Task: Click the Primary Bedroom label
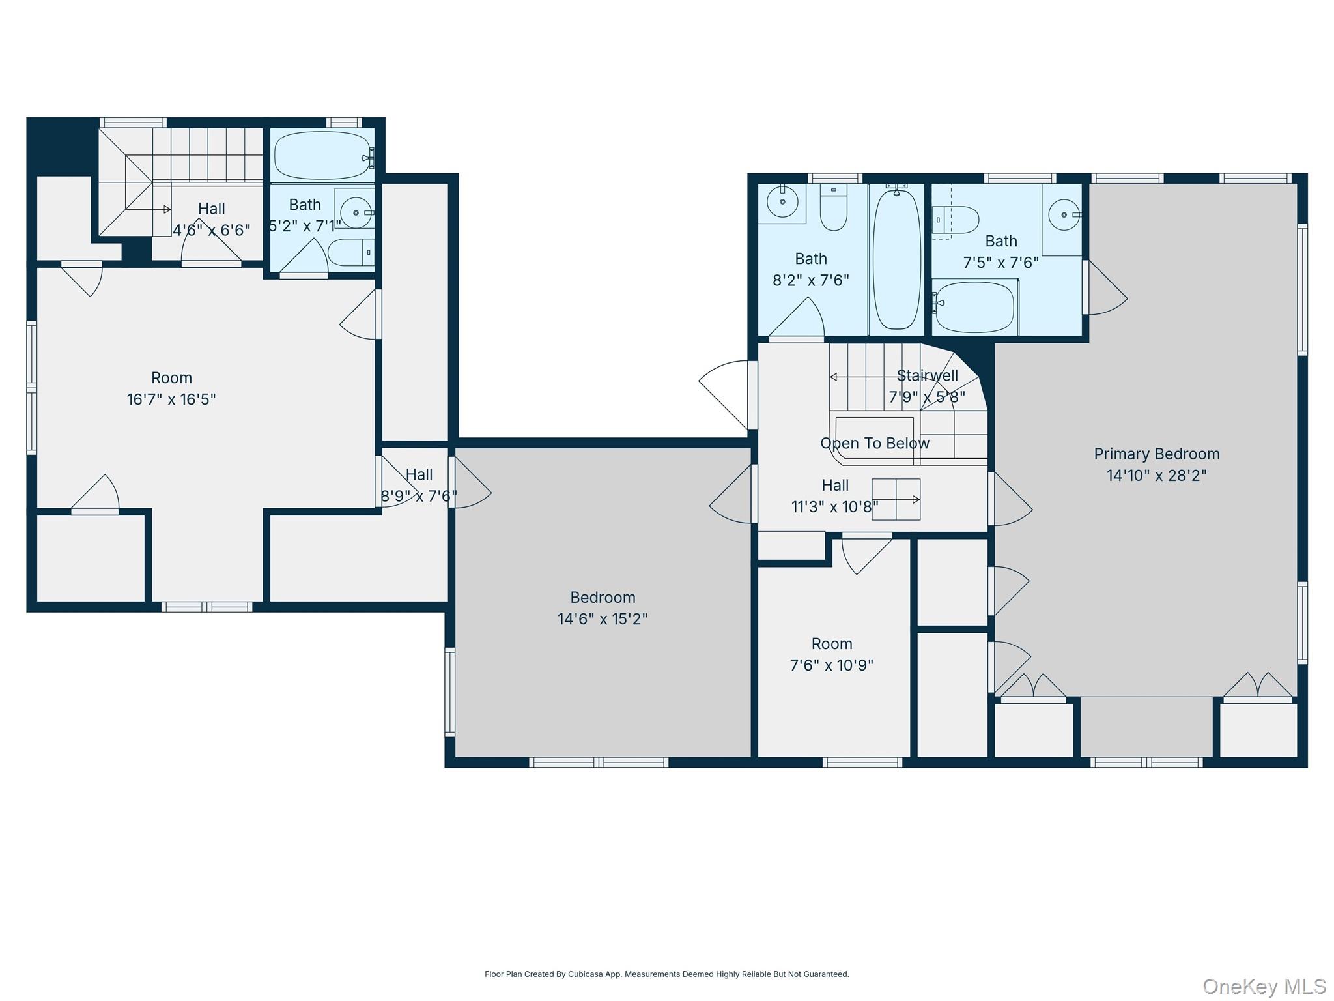[1156, 454]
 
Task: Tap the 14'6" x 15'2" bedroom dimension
[603, 619]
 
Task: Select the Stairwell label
[928, 375]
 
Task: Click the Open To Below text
[875, 443]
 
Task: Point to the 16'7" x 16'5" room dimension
[171, 399]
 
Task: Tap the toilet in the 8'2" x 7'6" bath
[833, 207]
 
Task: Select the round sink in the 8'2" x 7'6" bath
[782, 202]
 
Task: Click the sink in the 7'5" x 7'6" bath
[1064, 215]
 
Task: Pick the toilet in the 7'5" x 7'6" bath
[956, 220]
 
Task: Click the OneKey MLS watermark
[1264, 986]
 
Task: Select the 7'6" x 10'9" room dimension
[832, 665]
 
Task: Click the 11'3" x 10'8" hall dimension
[835, 506]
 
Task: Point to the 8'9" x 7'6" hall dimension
[419, 497]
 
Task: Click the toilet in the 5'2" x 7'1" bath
[351, 252]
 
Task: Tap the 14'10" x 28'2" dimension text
[1156, 475]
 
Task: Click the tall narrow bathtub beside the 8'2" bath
[897, 259]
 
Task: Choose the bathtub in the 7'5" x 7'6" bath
[974, 307]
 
